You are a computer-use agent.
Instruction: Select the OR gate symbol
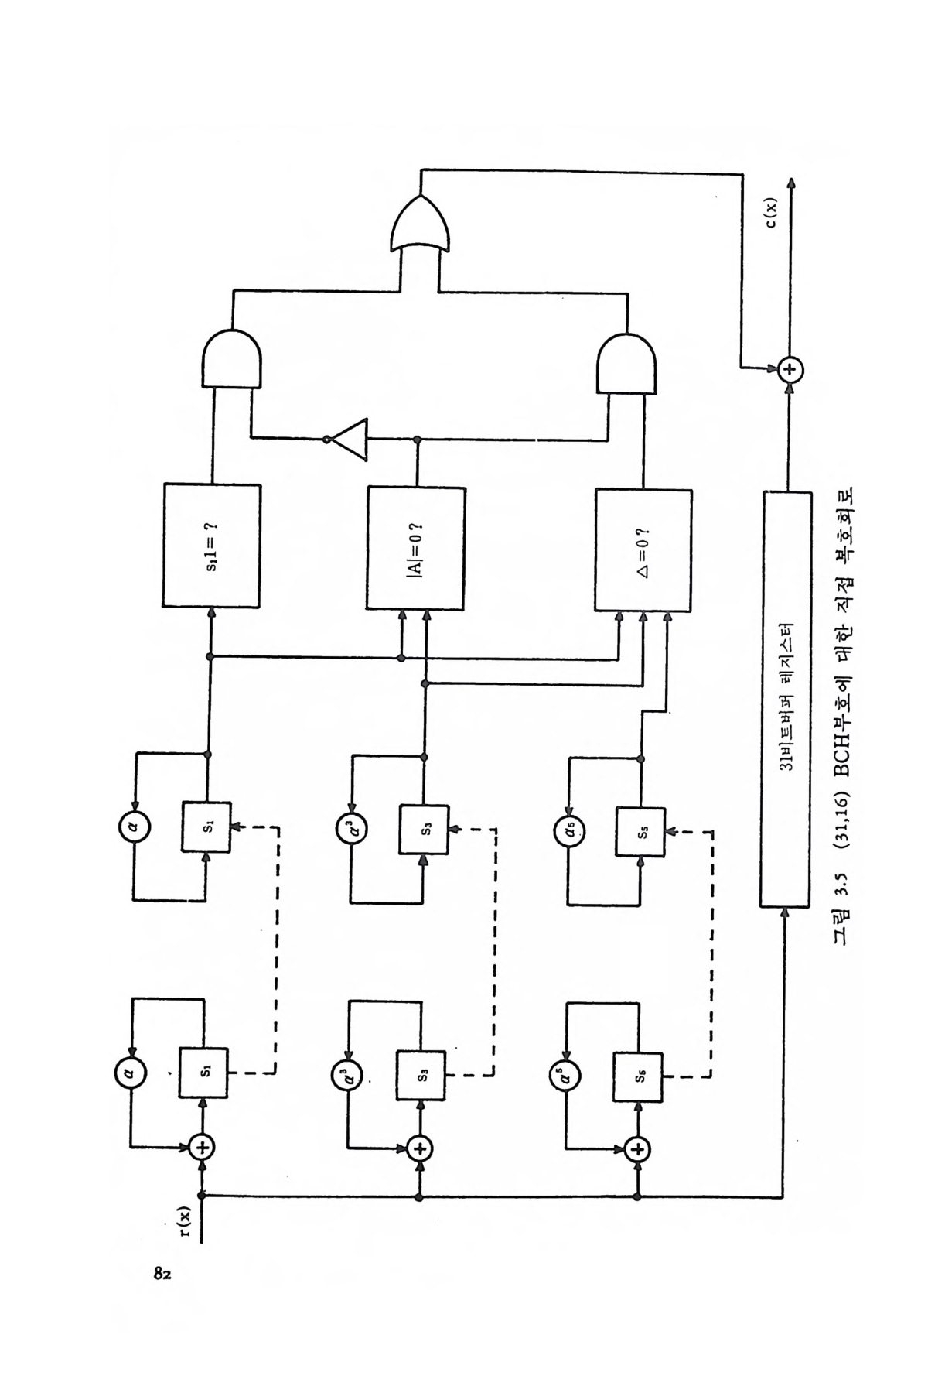pyautogui.click(x=421, y=225)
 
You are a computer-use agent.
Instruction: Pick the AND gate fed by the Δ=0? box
pyautogui.click(x=628, y=363)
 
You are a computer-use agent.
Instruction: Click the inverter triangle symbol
pyautogui.click(x=350, y=440)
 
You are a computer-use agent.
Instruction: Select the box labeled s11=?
pyautogui.click(x=211, y=545)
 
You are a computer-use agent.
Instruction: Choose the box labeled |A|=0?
pyautogui.click(x=416, y=548)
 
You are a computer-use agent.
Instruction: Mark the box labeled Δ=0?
pyautogui.click(x=642, y=549)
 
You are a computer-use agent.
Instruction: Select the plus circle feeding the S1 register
pyautogui.click(x=202, y=1146)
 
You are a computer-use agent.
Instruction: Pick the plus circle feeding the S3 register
pyautogui.click(x=420, y=1148)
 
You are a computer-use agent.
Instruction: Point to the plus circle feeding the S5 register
pyautogui.click(x=637, y=1148)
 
